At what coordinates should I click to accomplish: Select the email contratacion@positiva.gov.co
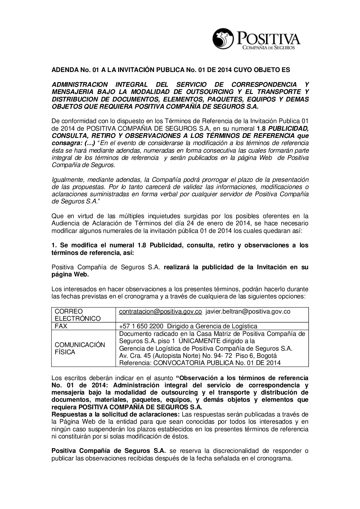coord(160,311)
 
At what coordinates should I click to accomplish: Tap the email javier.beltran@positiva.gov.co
coord(248,311)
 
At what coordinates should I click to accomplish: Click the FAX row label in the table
coord(61,326)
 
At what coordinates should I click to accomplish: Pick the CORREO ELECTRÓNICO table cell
coord(77,315)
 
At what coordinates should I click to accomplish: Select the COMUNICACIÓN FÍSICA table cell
coord(80,348)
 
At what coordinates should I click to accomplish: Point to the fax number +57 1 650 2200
coord(141,326)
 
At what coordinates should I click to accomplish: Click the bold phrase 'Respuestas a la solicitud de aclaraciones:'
coord(116,415)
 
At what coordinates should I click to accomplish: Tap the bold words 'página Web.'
coord(70,274)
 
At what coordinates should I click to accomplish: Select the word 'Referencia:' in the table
coord(135,363)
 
